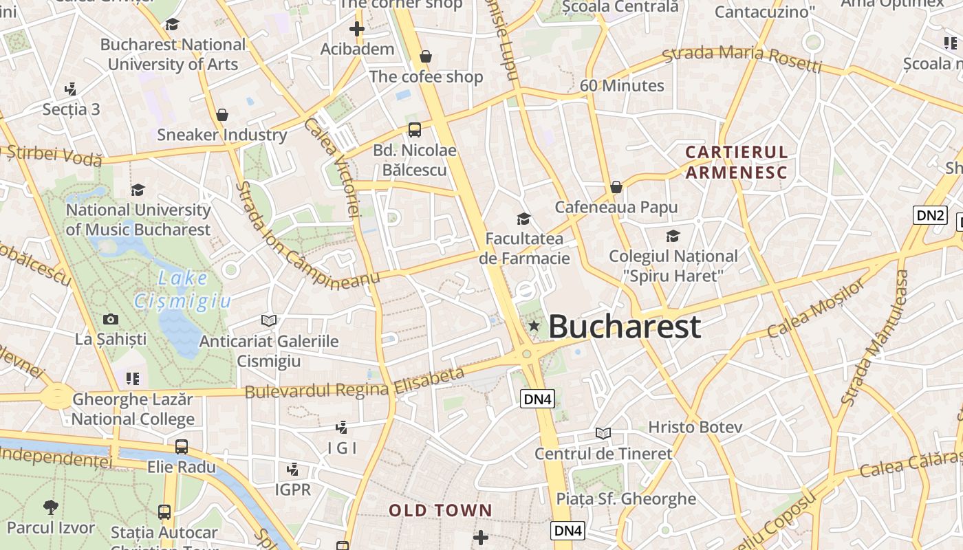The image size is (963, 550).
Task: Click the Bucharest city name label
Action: click(625, 327)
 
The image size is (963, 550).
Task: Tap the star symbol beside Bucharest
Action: click(534, 326)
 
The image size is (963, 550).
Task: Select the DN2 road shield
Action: click(930, 215)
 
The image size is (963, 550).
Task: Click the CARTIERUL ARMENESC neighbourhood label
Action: click(736, 162)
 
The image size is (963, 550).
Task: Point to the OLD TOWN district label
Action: click(441, 510)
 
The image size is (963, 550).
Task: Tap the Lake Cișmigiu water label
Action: click(182, 289)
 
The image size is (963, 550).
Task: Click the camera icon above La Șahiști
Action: click(110, 319)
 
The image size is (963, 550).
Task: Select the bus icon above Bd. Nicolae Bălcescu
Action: click(414, 129)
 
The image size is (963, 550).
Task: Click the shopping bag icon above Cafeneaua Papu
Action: click(616, 187)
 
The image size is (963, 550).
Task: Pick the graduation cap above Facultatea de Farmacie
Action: click(523, 219)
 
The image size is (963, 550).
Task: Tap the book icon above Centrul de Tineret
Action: click(603, 434)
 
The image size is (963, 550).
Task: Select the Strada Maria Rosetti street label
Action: click(742, 58)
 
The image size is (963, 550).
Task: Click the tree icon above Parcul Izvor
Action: click(50, 508)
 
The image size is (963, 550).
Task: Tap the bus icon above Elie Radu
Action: click(182, 447)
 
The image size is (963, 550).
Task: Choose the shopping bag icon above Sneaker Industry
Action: click(221, 115)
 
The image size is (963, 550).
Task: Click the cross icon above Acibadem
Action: click(356, 29)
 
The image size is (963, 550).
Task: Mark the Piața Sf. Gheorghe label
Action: click(626, 499)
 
